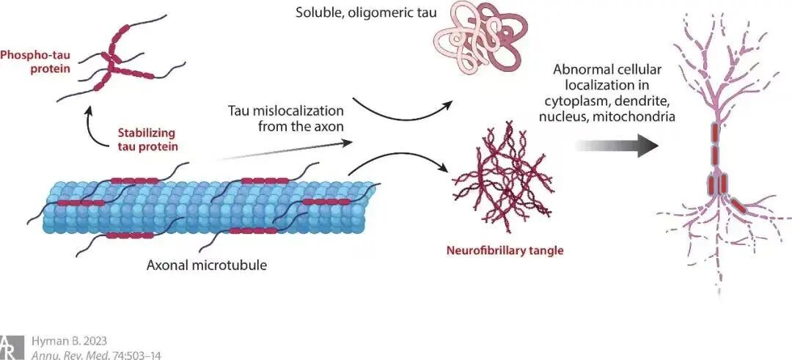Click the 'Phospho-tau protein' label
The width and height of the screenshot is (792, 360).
(35, 62)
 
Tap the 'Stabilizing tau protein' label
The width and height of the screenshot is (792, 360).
(147, 140)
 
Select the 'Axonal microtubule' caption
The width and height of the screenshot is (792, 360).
(207, 265)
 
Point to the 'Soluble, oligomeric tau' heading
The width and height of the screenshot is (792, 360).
(367, 11)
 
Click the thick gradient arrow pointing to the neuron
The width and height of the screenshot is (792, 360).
(617, 145)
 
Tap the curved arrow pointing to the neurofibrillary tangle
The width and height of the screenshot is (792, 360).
(399, 158)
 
